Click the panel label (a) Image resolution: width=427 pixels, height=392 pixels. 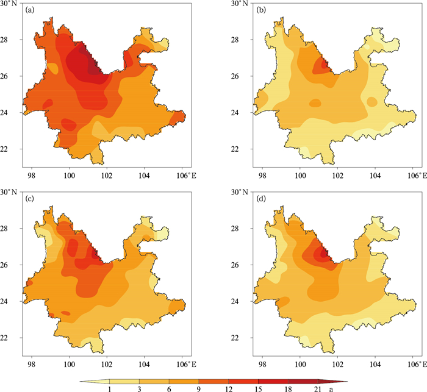[30, 10]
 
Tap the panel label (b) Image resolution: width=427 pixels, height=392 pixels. [261, 10]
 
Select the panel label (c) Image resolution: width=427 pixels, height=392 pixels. [30, 199]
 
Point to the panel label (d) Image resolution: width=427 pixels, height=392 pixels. [261, 199]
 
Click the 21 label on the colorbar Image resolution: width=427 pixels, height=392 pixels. [318, 389]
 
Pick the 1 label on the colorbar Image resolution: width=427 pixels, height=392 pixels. [109, 389]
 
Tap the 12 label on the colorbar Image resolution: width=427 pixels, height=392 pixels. [229, 389]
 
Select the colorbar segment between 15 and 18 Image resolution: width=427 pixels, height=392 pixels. [273, 382]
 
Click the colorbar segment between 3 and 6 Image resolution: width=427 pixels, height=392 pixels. [154, 382]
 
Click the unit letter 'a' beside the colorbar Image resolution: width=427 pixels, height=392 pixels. [331, 390]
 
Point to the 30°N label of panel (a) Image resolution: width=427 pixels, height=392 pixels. [9, 4]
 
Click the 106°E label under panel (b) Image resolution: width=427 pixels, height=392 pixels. [417, 176]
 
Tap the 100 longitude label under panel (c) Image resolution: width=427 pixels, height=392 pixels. [69, 365]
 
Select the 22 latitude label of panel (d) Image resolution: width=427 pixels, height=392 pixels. [235, 338]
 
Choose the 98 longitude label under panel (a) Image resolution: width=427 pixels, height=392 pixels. [32, 176]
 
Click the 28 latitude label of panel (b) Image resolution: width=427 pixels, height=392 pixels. [235, 40]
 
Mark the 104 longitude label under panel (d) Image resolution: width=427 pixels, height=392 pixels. [375, 365]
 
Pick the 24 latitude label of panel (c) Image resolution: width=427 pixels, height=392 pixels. [4, 301]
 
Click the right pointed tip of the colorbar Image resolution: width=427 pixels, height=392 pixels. [348, 382]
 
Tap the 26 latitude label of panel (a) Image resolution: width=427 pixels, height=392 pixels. [4, 76]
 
